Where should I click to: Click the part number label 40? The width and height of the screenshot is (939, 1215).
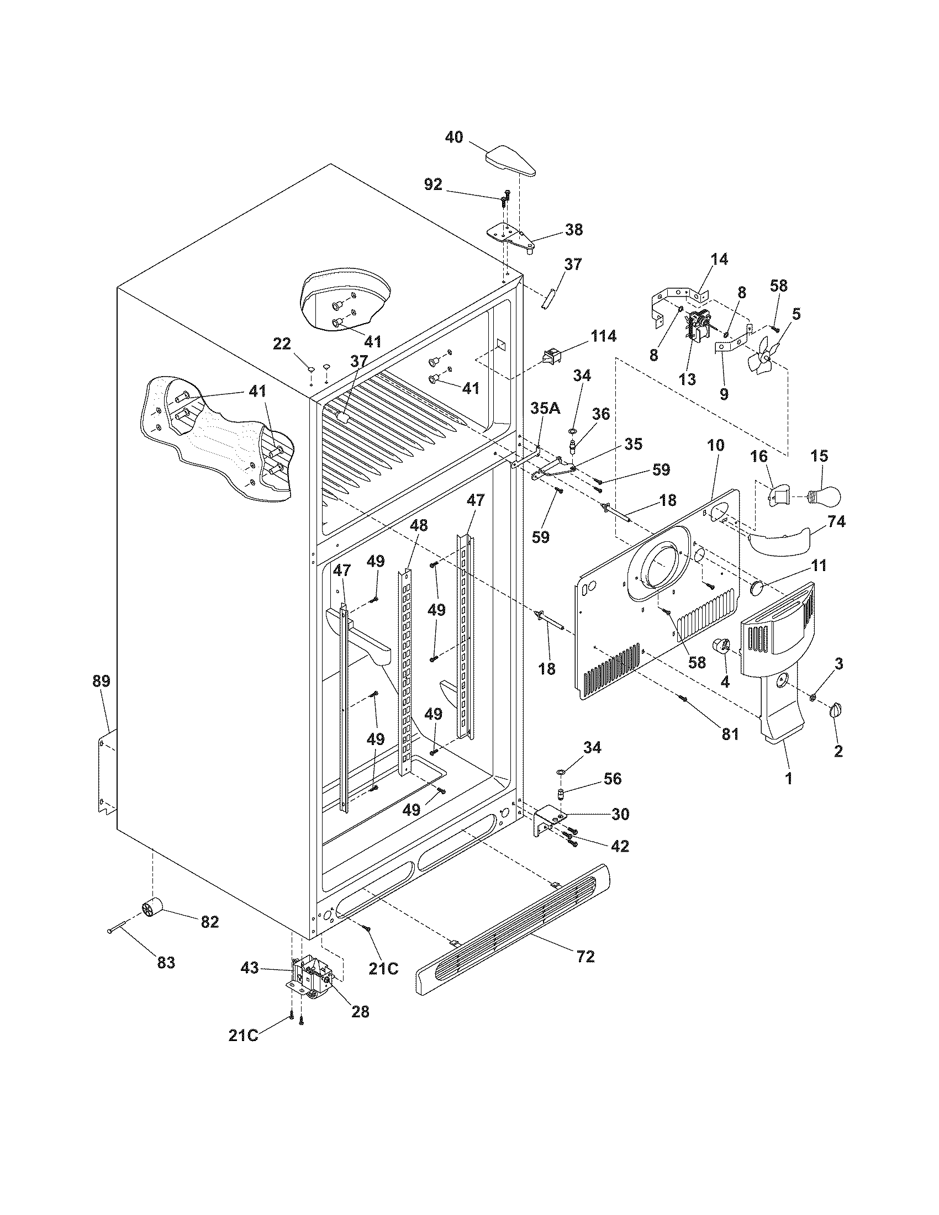point(454,137)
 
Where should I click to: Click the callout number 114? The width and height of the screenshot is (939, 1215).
point(603,336)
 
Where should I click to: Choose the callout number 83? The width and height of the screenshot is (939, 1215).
point(166,962)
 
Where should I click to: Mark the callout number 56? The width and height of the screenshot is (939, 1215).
point(613,779)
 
